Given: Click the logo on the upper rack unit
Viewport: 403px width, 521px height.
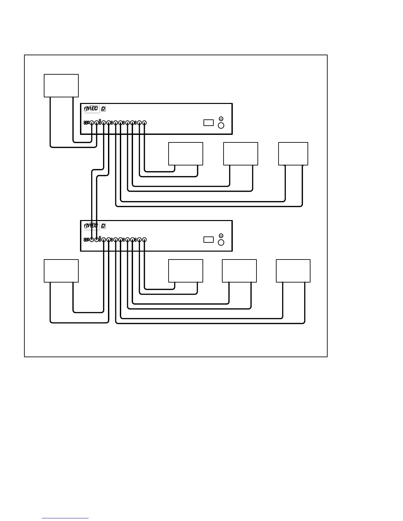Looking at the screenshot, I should [x=91, y=109].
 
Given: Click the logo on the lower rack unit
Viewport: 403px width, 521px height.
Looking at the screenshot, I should [x=91, y=226].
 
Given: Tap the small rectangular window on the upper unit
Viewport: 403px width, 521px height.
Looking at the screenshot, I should [x=208, y=123].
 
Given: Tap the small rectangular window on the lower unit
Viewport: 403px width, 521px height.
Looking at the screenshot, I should [x=208, y=239].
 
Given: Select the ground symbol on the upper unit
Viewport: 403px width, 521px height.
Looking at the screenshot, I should [x=221, y=119].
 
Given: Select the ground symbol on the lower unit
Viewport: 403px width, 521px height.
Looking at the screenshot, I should [x=221, y=236].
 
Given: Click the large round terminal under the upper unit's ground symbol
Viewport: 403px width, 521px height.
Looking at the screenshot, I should [x=221, y=125].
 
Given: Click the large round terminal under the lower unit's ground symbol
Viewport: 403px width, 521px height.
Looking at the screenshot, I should [x=221, y=242].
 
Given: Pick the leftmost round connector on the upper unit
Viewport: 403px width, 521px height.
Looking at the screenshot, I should [x=92, y=123].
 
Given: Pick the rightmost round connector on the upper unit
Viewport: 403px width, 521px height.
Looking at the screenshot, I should [x=144, y=123].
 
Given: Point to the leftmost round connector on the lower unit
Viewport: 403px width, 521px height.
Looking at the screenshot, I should [x=92, y=240].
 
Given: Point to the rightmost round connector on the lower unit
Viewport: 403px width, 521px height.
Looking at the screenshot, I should [x=144, y=240].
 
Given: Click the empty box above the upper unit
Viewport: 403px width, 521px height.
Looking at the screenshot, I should [x=61, y=86].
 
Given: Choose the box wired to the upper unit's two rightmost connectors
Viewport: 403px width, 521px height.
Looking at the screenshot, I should [x=186, y=154].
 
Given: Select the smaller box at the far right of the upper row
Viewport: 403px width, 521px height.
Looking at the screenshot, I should [x=293, y=154].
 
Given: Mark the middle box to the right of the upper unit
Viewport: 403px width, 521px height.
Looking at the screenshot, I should [x=241, y=154].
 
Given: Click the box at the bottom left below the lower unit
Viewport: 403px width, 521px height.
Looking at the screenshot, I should [x=61, y=271].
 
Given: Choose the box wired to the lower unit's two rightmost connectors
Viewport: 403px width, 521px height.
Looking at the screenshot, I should [x=186, y=271].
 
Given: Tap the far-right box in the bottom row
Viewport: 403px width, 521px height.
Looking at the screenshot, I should [x=293, y=271].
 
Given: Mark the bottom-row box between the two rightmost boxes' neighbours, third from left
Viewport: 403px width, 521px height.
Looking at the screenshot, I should [x=239, y=271].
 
